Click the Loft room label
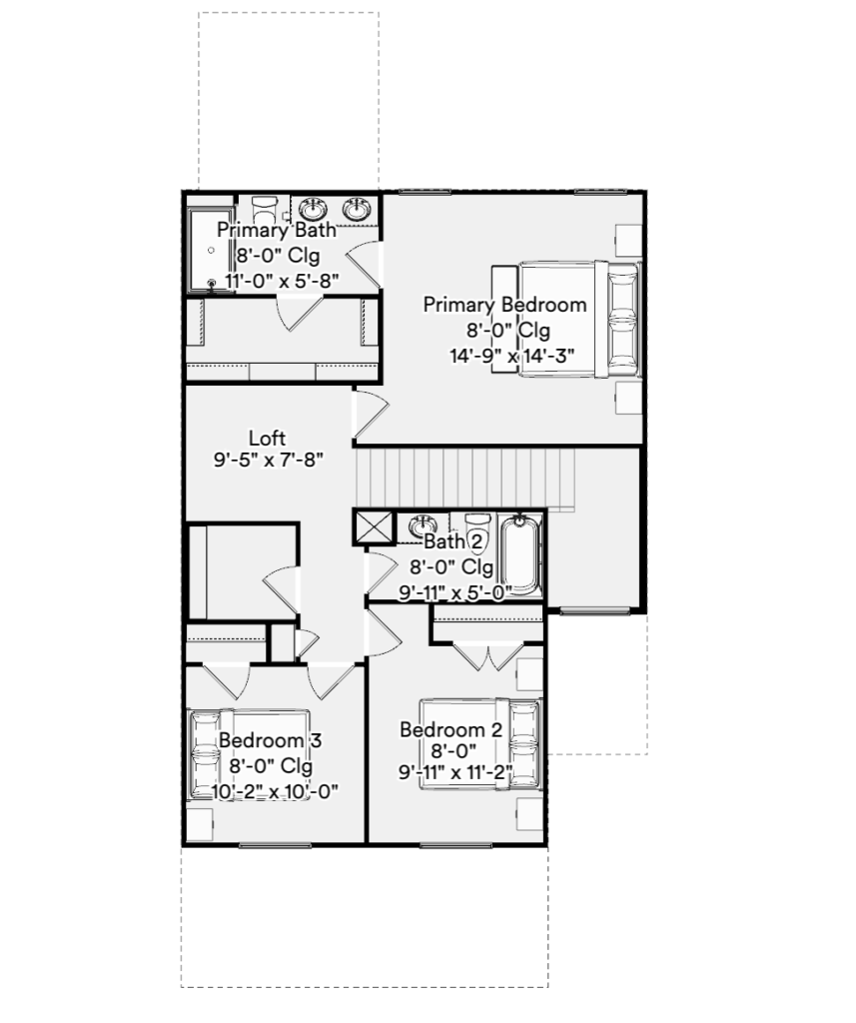(268, 438)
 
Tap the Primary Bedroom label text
(505, 305)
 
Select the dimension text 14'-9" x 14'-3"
(511, 356)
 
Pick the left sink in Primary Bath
(314, 210)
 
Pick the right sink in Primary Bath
(357, 210)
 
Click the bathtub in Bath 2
(520, 555)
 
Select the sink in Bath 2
(423, 525)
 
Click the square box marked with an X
(374, 527)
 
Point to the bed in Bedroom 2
(480, 744)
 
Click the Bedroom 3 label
(270, 740)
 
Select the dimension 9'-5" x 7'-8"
(269, 460)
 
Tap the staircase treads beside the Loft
(465, 479)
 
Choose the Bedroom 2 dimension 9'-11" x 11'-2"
(455, 772)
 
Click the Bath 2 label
(454, 540)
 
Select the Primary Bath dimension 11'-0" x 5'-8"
(282, 281)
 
